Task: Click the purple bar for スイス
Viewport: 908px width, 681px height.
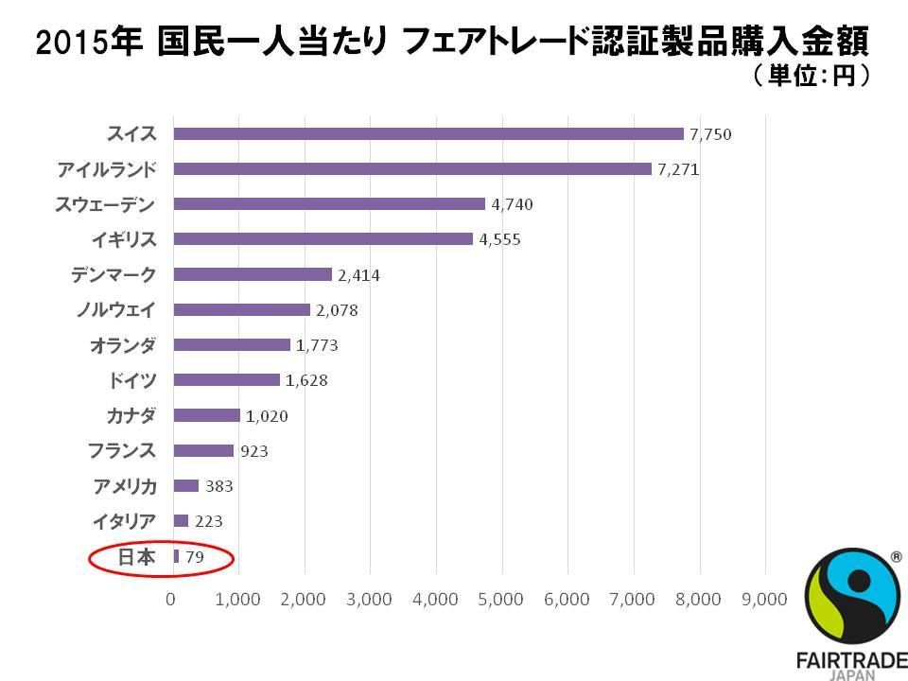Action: [x=428, y=133]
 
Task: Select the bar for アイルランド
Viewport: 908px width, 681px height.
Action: [x=412, y=168]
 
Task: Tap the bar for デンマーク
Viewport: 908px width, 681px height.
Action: [x=253, y=274]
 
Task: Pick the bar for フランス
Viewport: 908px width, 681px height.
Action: [x=203, y=450]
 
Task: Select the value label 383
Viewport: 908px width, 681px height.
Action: [x=218, y=486]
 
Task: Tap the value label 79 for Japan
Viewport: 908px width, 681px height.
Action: [x=194, y=557]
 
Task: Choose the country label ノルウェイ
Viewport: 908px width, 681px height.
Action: [x=115, y=309]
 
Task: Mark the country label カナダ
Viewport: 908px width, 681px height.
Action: [x=131, y=415]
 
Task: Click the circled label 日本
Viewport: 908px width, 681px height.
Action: [x=136, y=557]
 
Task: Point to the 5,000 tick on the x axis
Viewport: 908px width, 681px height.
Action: [x=501, y=600]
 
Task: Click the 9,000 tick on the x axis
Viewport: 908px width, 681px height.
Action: [x=764, y=600]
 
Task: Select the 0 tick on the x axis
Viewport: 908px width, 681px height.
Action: [x=171, y=600]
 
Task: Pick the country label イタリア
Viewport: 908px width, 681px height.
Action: [x=124, y=521]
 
